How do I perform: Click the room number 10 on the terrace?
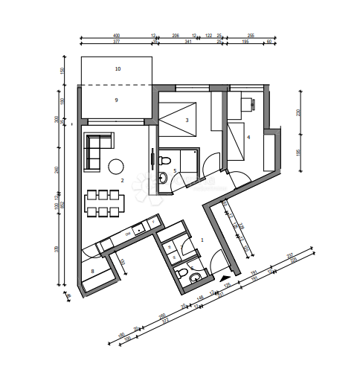(118, 68)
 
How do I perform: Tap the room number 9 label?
(117, 100)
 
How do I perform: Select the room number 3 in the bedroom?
(187, 120)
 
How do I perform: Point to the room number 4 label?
(248, 137)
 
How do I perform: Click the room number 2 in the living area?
(121, 180)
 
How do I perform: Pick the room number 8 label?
(92, 272)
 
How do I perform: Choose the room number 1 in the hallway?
(202, 240)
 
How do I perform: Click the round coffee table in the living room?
(117, 166)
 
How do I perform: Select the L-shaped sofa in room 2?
(95, 147)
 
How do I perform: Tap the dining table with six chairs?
(104, 203)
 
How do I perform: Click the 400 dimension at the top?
(116, 35)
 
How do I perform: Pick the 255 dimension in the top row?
(251, 35)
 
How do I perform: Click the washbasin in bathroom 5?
(162, 177)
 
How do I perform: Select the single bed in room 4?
(238, 141)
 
